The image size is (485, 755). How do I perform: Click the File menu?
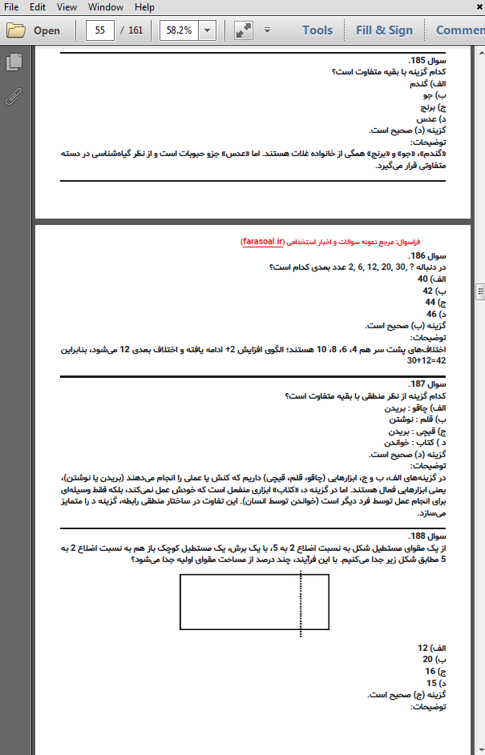click(11, 7)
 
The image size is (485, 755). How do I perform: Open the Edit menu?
click(38, 7)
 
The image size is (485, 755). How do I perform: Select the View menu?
click(67, 7)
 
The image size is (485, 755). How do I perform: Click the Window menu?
click(106, 7)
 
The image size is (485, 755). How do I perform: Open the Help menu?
click(144, 7)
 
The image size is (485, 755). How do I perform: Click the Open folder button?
click(34, 31)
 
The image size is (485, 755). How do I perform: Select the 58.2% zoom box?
click(178, 31)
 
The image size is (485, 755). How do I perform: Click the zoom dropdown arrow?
click(208, 31)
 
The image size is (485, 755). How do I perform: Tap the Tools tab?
click(317, 31)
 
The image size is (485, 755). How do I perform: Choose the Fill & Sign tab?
click(384, 31)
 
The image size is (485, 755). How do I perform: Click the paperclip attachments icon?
click(14, 96)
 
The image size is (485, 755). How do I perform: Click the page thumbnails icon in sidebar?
click(14, 62)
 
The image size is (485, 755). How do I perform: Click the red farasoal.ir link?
click(266, 240)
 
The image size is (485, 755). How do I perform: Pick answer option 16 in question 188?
click(430, 671)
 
